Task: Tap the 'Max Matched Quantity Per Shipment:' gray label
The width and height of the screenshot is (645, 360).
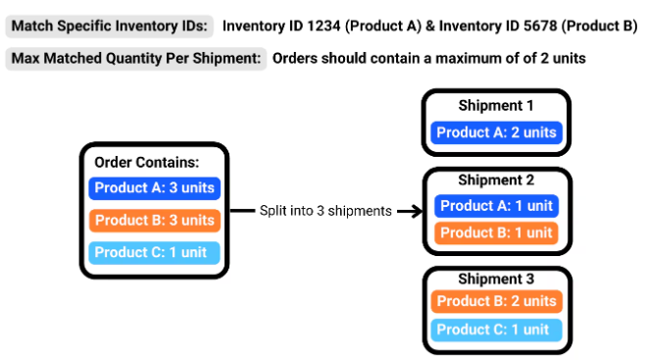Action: pyautogui.click(x=136, y=58)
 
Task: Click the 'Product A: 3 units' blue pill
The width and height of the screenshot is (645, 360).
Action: pyautogui.click(x=154, y=188)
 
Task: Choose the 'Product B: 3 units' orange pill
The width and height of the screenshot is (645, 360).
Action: pyautogui.click(x=154, y=220)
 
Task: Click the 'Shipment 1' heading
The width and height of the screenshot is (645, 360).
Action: pyautogui.click(x=496, y=105)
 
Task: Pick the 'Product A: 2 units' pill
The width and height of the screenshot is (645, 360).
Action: pyautogui.click(x=496, y=132)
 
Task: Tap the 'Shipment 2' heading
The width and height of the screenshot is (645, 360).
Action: pyautogui.click(x=496, y=180)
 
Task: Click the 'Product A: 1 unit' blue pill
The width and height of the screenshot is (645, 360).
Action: pyautogui.click(x=496, y=206)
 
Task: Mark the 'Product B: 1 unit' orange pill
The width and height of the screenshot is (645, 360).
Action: pyautogui.click(x=496, y=232)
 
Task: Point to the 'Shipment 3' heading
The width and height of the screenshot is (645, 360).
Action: pyautogui.click(x=496, y=279)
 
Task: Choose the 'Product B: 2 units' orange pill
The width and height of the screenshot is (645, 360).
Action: pyautogui.click(x=496, y=301)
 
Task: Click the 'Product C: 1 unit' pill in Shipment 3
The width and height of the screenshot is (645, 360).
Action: pyautogui.click(x=496, y=330)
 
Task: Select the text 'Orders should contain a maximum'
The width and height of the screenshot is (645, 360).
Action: pyautogui.click(x=371, y=58)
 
